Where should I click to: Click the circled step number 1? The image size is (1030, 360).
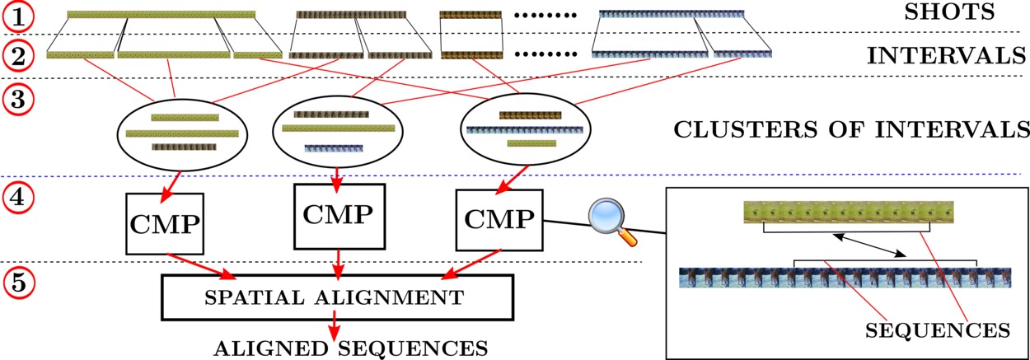pyautogui.click(x=18, y=17)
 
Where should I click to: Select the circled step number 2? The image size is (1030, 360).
pyautogui.click(x=18, y=56)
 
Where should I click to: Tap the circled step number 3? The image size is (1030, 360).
pyautogui.click(x=18, y=99)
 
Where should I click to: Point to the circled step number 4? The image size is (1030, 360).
pyautogui.click(x=18, y=199)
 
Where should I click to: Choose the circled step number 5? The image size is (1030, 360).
pyautogui.click(x=18, y=283)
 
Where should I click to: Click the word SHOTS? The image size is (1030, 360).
pyautogui.click(x=949, y=12)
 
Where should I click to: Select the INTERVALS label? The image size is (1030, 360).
pyautogui.click(x=947, y=56)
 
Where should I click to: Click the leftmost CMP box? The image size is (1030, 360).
pyautogui.click(x=165, y=224)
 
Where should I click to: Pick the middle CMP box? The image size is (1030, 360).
pyautogui.click(x=339, y=217)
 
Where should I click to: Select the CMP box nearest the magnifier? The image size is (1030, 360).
pyautogui.click(x=499, y=220)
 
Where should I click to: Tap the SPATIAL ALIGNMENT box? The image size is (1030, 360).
pyautogui.click(x=337, y=297)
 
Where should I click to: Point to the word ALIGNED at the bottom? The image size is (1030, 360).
pyautogui.click(x=272, y=348)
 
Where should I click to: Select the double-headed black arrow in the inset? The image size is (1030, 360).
pyautogui.click(x=869, y=245)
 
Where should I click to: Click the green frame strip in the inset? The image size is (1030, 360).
pyautogui.click(x=849, y=213)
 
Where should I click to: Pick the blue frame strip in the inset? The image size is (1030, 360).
pyautogui.click(x=845, y=278)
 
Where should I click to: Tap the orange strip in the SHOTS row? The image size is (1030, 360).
pyautogui.click(x=471, y=15)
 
